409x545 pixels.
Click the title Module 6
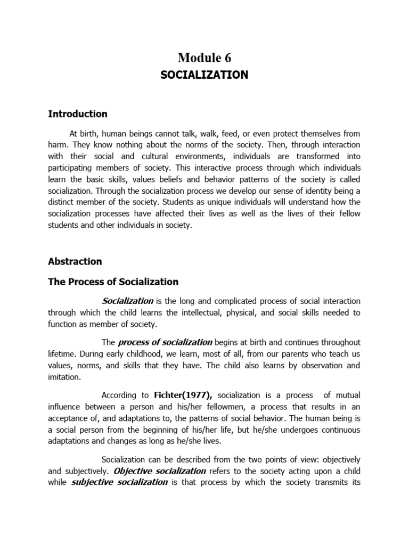click(204, 57)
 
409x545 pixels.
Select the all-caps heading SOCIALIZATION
click(204, 75)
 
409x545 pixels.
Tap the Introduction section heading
click(78, 114)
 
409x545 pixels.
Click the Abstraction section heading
click(75, 261)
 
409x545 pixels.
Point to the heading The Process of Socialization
click(113, 282)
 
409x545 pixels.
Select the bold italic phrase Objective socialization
click(160, 470)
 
